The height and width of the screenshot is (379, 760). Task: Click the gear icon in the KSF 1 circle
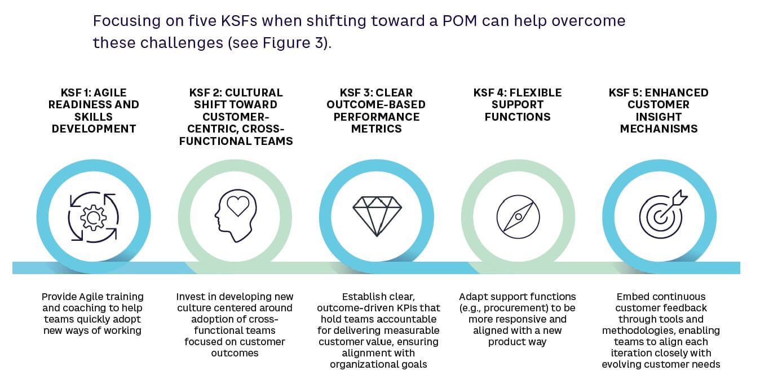(x=93, y=217)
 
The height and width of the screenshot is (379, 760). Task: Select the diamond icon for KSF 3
(x=377, y=217)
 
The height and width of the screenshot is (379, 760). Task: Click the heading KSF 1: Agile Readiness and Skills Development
(x=94, y=111)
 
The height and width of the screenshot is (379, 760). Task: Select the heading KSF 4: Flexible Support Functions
(x=518, y=105)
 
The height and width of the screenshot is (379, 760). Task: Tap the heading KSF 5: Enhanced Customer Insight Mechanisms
(x=659, y=111)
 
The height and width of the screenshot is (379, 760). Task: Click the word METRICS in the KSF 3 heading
(x=377, y=129)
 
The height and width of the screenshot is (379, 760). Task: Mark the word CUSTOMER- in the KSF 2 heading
(x=236, y=117)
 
